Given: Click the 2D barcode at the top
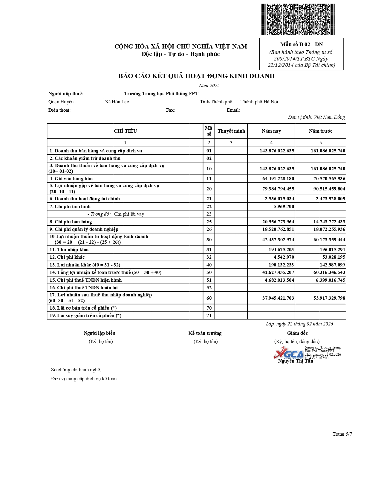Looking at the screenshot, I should click(299, 19).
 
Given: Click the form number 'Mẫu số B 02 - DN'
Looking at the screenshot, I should click(301, 44).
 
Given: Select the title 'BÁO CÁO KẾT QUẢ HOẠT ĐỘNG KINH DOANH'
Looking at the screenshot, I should click(196, 76).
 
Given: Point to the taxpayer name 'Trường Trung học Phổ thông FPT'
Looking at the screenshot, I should click(161, 94).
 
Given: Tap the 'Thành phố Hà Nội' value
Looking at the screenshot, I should click(259, 102).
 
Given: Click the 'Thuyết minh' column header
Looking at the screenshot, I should click(231, 131).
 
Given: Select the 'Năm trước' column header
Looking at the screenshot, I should click(320, 131).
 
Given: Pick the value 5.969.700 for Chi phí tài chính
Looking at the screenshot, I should click(284, 207).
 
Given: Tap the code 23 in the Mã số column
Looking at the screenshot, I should click(209, 214).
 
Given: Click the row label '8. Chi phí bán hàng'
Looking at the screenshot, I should click(71, 222).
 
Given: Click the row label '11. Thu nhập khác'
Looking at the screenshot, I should click(69, 250).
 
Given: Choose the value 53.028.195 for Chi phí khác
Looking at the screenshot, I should click(332, 257).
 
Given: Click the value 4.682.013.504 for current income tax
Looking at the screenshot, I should click(279, 280).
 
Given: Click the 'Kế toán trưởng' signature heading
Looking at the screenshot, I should click(205, 333).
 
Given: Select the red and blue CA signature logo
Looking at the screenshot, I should click(288, 353).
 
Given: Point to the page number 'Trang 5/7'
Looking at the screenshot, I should click(342, 434).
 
